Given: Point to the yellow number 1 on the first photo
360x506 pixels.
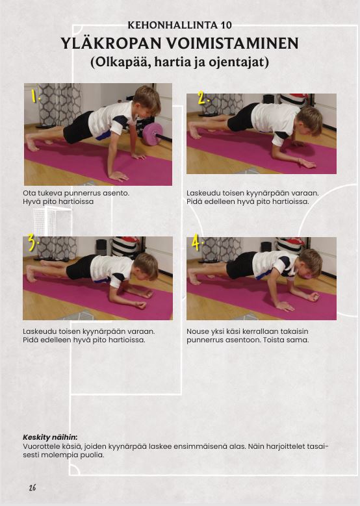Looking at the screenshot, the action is (34, 95).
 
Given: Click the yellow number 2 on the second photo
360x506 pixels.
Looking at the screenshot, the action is (203, 97).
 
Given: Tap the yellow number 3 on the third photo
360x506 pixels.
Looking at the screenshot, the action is (32, 242).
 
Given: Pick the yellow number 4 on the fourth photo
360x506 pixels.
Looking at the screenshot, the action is (196, 242).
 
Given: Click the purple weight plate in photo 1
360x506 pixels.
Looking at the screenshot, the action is (153, 134).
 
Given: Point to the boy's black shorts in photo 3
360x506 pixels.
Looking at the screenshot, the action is (80, 267).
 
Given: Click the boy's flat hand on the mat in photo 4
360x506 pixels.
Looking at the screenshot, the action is (285, 306).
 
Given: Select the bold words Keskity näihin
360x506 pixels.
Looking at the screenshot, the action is (50, 438).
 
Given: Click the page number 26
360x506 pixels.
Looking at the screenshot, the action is (32, 487).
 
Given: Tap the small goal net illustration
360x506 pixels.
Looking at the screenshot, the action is (51, 221).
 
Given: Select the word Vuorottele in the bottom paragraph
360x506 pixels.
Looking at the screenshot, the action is (40, 447).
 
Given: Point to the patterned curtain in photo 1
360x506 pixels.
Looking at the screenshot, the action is (60, 104).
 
